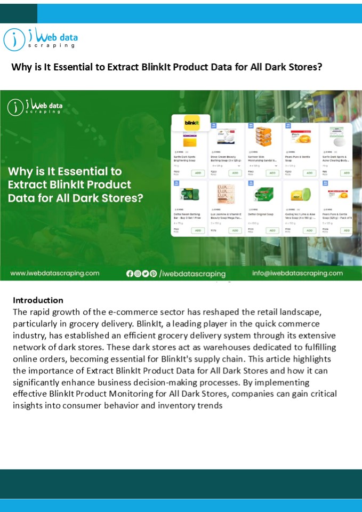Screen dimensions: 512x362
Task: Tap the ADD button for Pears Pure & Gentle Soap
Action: pos(310,173)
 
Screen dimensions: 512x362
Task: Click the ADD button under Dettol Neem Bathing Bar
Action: pos(198,230)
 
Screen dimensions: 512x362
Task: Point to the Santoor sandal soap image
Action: pos(263,137)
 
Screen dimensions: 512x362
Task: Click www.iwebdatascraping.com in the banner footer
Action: pos(55,273)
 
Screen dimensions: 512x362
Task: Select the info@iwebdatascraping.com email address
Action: pos(297,273)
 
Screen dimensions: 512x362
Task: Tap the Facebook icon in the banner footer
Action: pos(130,274)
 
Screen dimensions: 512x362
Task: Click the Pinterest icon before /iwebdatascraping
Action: pos(154,274)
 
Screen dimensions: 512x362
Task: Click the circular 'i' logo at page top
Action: pos(14,39)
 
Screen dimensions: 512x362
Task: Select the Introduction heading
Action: pos(38,300)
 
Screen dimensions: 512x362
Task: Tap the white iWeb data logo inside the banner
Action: pos(35,107)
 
